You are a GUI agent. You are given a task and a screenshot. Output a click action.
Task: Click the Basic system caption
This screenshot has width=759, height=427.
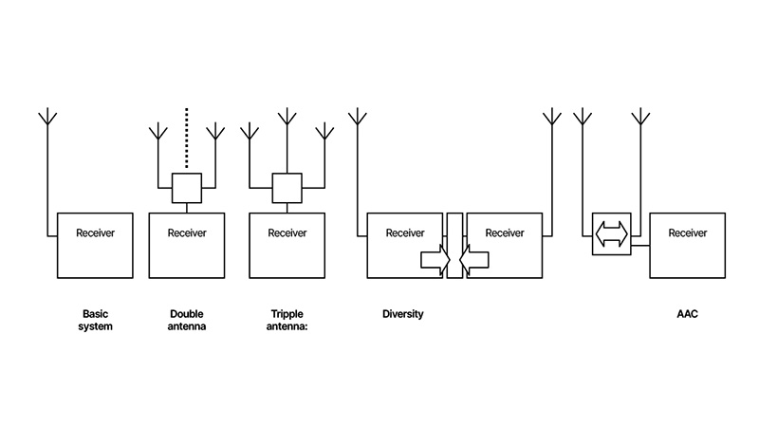97,321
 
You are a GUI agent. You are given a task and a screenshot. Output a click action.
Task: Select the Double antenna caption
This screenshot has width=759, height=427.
187,321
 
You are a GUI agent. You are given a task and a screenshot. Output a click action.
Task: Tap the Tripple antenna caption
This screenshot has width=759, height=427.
287,321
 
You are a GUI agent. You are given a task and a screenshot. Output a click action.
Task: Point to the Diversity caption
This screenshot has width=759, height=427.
403,314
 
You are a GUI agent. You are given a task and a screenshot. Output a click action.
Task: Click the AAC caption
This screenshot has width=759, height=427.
688,314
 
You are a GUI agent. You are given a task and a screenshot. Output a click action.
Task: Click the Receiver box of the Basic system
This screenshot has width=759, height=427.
95,245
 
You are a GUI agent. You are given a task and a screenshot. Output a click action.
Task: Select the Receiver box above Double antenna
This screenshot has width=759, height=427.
187,245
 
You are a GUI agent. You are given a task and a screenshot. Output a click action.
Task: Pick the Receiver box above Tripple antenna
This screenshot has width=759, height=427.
287,245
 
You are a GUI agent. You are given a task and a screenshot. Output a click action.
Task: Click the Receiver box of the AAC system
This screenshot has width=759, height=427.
687,245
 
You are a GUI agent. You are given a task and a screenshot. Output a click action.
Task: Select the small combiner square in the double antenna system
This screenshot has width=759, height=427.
187,188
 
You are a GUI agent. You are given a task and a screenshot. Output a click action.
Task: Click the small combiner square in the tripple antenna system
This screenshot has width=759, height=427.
287,188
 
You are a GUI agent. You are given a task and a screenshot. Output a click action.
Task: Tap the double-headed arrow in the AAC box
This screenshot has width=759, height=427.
611,233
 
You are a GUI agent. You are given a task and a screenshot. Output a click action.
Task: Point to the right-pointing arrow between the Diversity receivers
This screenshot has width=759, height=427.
435,258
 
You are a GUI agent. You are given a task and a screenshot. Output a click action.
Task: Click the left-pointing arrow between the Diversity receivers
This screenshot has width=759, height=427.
473,258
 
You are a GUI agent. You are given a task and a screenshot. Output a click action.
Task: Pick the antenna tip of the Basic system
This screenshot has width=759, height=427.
47,117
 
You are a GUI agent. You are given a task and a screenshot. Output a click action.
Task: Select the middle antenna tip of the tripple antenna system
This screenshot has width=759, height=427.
287,117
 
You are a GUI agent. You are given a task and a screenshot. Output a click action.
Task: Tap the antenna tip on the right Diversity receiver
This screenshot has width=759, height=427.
551,117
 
